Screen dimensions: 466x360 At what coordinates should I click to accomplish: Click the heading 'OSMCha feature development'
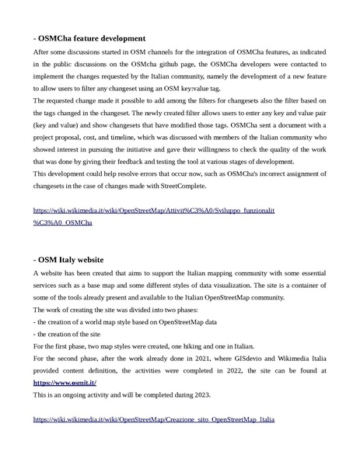[89, 37]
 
